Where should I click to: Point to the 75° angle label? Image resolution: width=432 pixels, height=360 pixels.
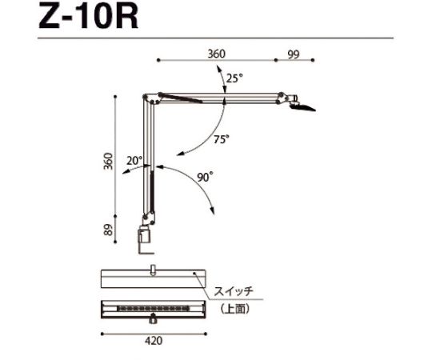(x=222, y=138)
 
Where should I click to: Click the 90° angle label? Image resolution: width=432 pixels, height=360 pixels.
(x=206, y=178)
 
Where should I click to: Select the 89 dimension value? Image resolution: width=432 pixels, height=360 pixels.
(x=108, y=230)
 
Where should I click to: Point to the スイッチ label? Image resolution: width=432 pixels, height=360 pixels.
(x=233, y=292)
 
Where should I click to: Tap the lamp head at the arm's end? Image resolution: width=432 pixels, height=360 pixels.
(x=302, y=103)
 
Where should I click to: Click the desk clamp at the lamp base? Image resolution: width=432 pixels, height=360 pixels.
(x=146, y=239)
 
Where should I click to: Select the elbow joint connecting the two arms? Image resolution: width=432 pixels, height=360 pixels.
(x=147, y=99)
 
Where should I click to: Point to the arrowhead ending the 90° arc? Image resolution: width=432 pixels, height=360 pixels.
(x=212, y=210)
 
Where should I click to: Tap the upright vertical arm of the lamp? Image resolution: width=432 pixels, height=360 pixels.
(x=146, y=160)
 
